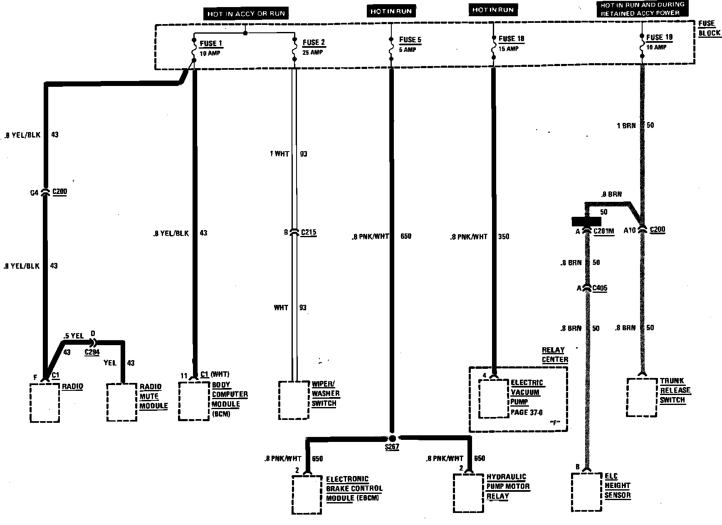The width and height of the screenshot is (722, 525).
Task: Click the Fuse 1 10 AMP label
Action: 211,47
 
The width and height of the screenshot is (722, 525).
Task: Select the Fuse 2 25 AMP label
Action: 313,47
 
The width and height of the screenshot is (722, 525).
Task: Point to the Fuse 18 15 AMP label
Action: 511,43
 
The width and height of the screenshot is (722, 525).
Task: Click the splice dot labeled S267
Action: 392,439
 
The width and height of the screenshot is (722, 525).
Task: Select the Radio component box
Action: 45,402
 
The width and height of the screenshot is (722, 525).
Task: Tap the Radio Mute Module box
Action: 122,402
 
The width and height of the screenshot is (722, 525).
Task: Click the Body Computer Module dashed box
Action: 194,401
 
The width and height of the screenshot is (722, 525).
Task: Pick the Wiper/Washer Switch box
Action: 294,400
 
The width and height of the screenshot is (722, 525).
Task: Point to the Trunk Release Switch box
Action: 642,397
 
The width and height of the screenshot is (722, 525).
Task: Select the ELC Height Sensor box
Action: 587,492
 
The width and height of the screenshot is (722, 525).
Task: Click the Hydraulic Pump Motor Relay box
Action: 469,493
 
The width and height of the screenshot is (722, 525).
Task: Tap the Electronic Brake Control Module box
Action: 308,495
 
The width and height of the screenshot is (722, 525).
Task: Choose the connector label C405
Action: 600,288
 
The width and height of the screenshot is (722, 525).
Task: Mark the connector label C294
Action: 92,352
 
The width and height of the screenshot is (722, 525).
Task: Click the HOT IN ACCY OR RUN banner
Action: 246,14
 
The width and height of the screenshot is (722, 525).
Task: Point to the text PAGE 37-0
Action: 527,412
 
